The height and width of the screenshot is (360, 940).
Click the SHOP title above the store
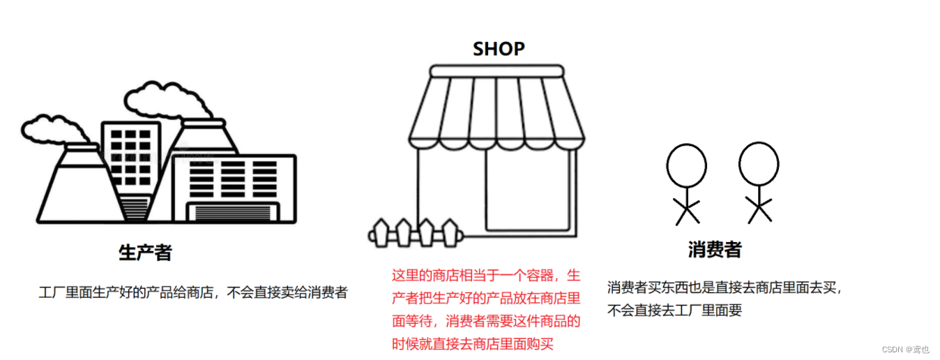click(499, 49)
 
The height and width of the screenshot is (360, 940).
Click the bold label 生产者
click(145, 253)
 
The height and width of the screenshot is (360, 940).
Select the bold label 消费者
click(715, 250)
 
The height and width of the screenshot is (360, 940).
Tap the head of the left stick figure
click(686, 166)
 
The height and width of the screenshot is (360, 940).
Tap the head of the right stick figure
click(759, 165)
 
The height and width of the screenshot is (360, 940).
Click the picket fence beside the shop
click(415, 233)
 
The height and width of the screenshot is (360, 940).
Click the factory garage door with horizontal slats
click(233, 212)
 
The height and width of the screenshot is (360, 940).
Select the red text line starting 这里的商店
click(486, 275)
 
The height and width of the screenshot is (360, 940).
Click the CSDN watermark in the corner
click(907, 349)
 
